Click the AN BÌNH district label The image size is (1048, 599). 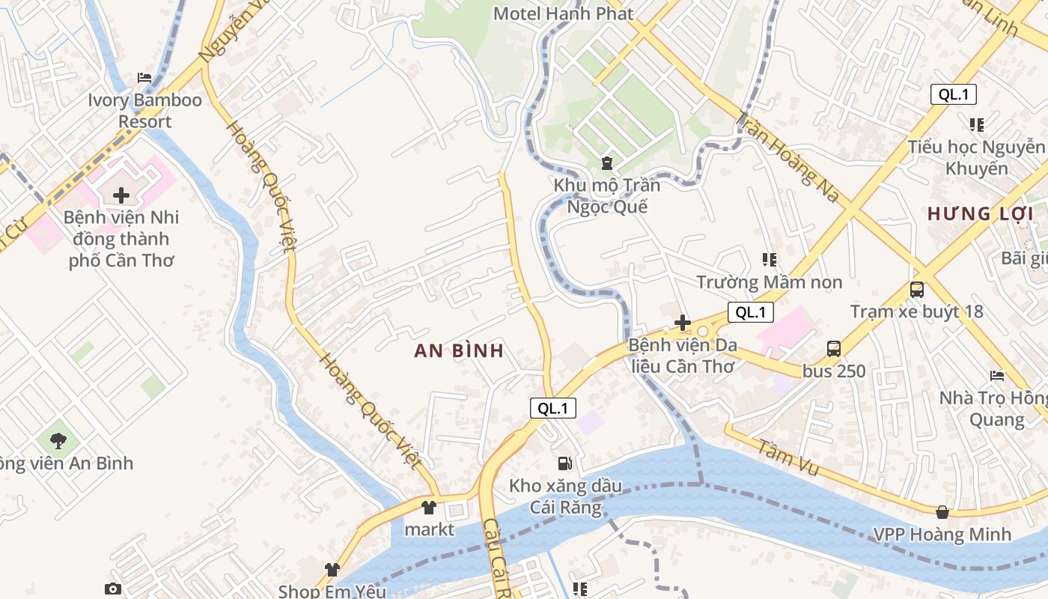pos(459,351)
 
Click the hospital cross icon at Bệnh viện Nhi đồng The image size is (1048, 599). pos(121,196)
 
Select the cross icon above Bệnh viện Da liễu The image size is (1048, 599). pos(682,323)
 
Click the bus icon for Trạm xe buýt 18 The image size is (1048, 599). pos(916,290)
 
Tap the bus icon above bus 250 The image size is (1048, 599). pos(834,349)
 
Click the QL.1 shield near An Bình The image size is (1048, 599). pos(553,408)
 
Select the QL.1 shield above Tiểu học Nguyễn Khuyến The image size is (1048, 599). pos(953,94)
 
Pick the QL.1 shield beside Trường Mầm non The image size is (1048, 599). pos(750,312)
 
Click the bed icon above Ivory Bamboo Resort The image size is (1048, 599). pos(144,78)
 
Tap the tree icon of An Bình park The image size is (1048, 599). pos(58,441)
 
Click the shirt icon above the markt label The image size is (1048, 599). pos(428,508)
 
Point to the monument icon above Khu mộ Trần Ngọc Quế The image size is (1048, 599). pos(606,162)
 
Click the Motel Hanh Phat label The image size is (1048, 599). pos(563,13)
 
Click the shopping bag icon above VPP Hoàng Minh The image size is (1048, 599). pos(942,512)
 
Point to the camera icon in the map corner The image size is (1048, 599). pos(113,589)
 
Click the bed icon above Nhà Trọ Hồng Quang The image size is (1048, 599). pos(996,376)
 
